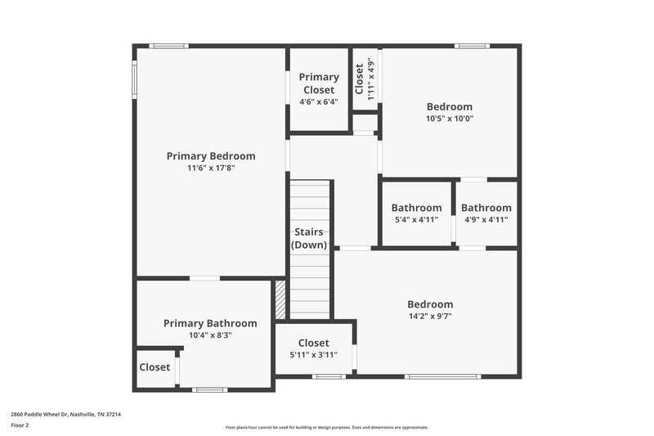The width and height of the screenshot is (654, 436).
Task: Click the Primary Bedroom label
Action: [x=211, y=156]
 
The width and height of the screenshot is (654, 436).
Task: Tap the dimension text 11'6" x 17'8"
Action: [x=211, y=169]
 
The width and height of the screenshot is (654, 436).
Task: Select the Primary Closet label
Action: [x=319, y=83]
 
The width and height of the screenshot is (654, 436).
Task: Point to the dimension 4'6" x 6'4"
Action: [x=319, y=102]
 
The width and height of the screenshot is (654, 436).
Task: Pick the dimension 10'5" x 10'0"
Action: [x=450, y=119]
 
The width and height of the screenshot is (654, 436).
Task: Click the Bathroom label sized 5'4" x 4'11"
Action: [x=416, y=208]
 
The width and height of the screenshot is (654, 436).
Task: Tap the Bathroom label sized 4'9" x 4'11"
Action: [x=486, y=208]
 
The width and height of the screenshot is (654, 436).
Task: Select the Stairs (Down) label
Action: [x=309, y=238]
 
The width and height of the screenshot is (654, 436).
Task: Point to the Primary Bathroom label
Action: [x=210, y=323]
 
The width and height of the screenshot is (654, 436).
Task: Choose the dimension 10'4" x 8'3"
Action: [x=210, y=335]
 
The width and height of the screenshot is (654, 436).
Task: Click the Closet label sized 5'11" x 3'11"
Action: [x=313, y=343]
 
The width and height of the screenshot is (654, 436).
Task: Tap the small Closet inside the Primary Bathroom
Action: [x=155, y=367]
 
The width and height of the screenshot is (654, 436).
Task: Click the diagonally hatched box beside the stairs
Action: [x=280, y=299]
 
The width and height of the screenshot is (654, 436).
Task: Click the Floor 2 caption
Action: [x=20, y=425]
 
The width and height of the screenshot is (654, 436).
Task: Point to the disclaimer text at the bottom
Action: [x=326, y=427]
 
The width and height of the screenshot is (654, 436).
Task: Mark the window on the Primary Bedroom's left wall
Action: [x=135, y=79]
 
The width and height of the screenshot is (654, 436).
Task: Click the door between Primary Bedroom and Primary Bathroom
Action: [x=204, y=279]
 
